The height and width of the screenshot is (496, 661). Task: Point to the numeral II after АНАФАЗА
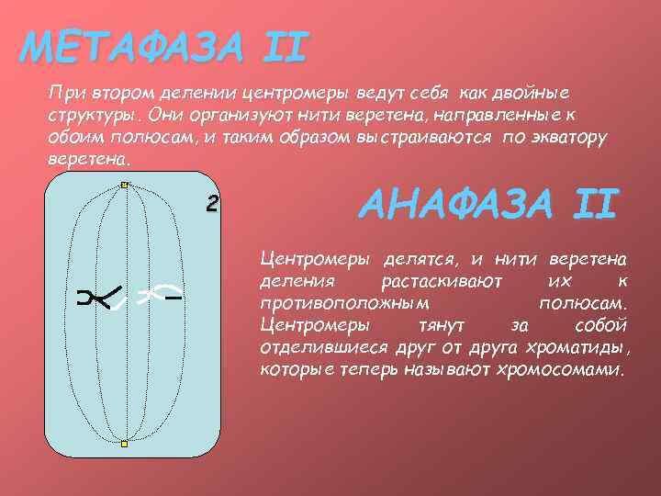[x=592, y=204]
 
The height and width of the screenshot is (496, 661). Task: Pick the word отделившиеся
[x=316, y=348]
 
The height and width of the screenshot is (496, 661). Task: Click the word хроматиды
[x=576, y=348]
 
